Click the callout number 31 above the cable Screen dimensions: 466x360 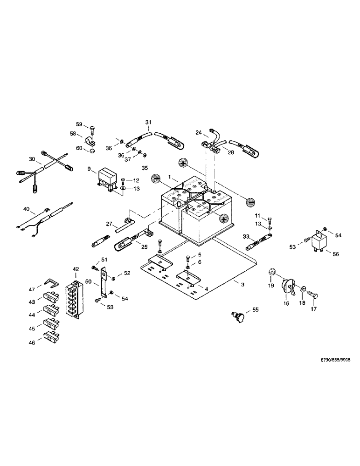(x=148, y=122)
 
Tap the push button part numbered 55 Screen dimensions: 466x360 (x=240, y=318)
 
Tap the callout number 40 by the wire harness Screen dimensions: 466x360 (x=26, y=210)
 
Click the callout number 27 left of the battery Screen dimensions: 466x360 (x=109, y=224)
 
